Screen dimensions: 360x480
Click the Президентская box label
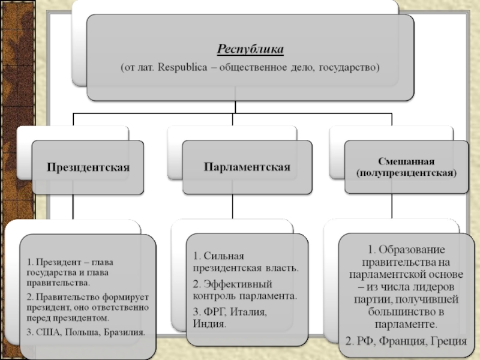(89, 167)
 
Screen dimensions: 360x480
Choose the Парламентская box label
(247, 166)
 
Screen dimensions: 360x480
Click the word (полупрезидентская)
(406, 173)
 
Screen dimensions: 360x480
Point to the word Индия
(209, 324)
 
